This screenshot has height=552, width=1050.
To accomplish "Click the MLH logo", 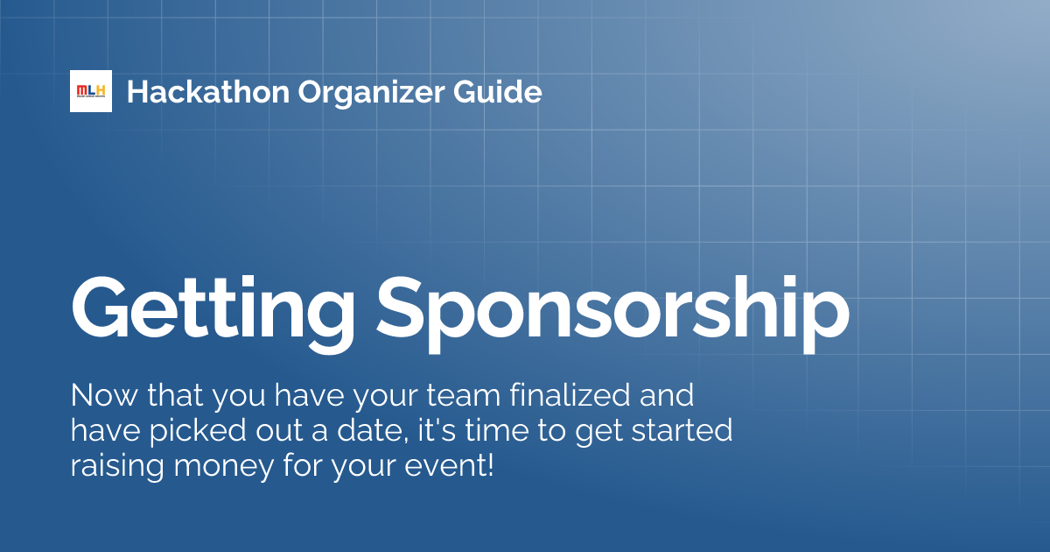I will [x=91, y=91].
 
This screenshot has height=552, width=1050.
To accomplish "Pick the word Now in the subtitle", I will [x=98, y=396].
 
